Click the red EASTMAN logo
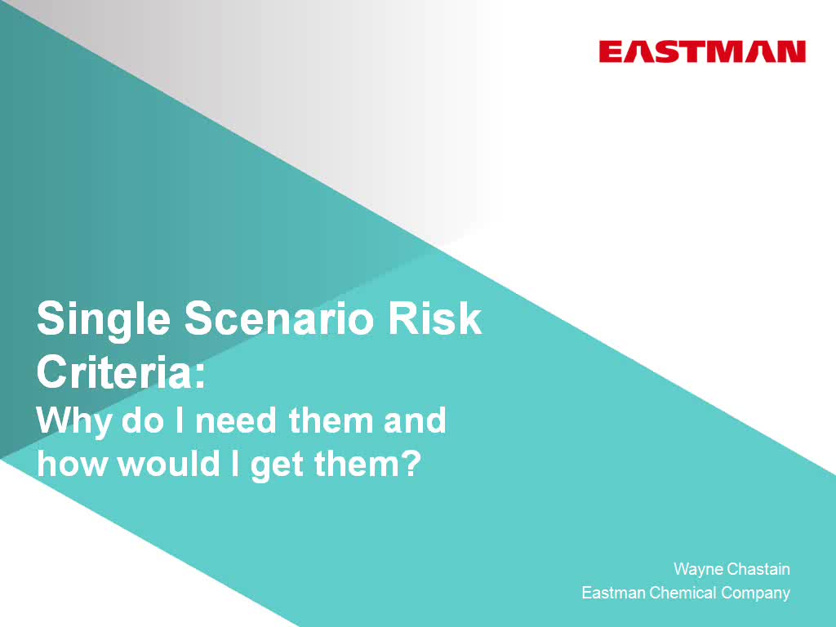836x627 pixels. (x=702, y=52)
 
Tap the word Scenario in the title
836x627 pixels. (x=279, y=318)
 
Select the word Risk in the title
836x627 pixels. (x=434, y=318)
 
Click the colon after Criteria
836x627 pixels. (x=199, y=376)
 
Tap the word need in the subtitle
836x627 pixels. (x=236, y=420)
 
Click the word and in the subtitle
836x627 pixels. (x=415, y=420)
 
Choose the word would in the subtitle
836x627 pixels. (x=168, y=463)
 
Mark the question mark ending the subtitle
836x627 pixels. (x=411, y=463)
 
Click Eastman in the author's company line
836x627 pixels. (x=613, y=593)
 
